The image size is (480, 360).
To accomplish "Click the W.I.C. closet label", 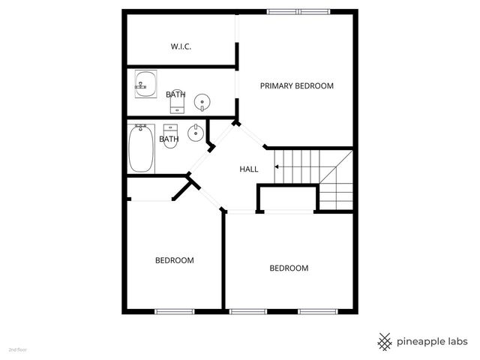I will [181, 46].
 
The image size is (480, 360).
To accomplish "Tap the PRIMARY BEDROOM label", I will [296, 85].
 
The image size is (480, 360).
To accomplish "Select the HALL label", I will [248, 169].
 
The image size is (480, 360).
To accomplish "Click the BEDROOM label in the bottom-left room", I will [174, 260].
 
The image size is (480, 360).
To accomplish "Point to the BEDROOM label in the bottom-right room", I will [289, 268].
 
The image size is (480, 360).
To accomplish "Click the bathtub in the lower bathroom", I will [142, 148].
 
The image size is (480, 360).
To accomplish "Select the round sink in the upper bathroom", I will [202, 101].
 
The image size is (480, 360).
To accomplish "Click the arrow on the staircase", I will [279, 166].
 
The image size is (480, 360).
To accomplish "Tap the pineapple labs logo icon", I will [384, 341].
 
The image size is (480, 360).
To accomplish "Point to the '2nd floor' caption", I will [17, 349].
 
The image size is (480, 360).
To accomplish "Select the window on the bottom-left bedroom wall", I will [174, 310].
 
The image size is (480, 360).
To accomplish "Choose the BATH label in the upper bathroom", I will [175, 94].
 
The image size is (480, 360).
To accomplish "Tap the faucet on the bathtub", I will [141, 128].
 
